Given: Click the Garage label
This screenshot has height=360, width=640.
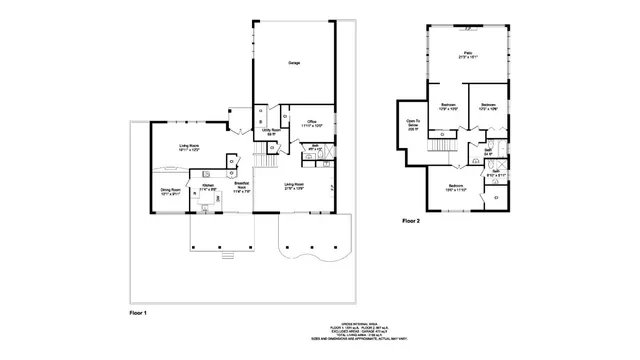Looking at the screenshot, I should (294, 64).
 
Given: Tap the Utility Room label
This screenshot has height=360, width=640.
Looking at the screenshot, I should (269, 130).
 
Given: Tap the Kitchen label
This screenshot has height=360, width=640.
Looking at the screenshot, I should (208, 186).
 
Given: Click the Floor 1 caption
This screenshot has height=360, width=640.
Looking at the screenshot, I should (138, 314).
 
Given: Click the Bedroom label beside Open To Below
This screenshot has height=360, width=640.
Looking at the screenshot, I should (449, 106).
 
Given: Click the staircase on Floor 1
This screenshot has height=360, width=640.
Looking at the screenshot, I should (265, 160).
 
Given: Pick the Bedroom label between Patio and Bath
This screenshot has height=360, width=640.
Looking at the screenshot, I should (489, 106).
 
